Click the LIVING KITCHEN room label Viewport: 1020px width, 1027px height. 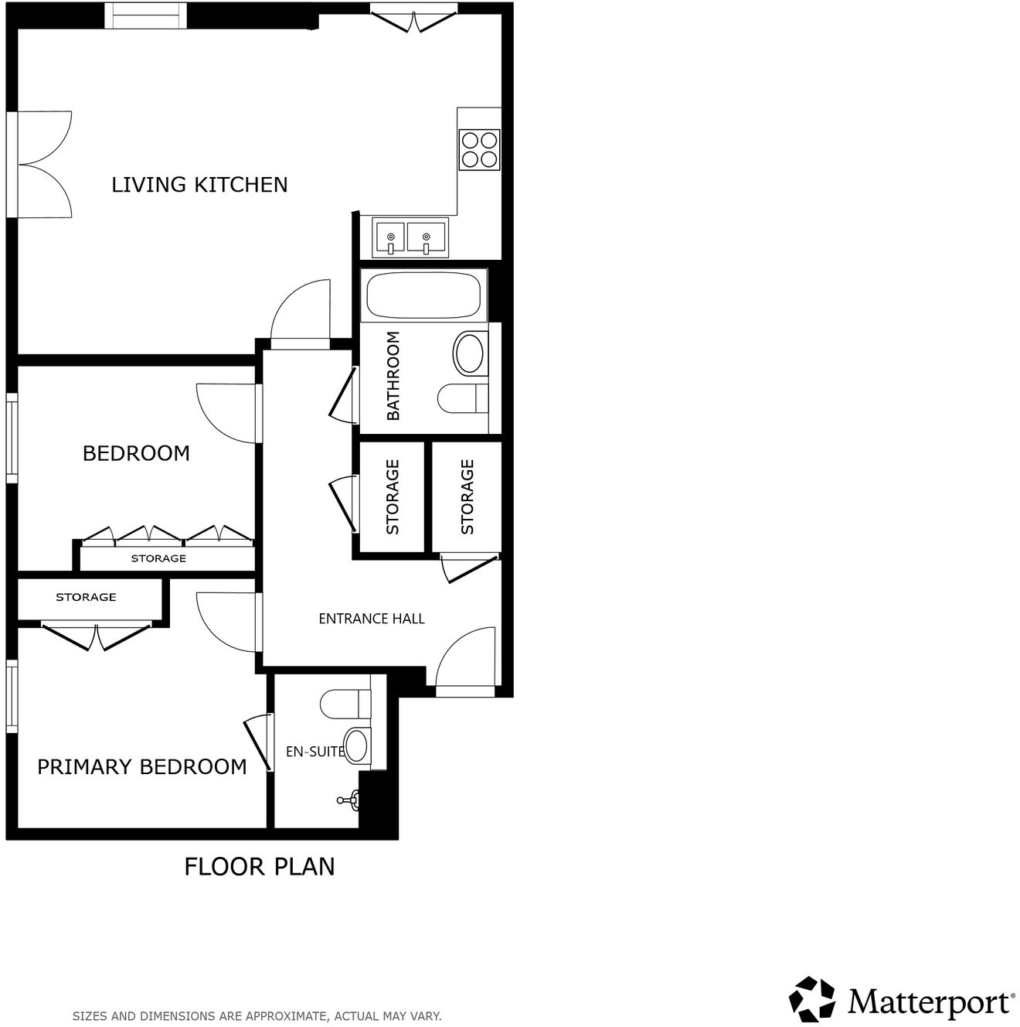(x=199, y=185)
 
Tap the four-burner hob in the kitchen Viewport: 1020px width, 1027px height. (x=479, y=150)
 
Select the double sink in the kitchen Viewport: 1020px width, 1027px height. (x=410, y=237)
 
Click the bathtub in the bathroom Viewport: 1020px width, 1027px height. (x=423, y=295)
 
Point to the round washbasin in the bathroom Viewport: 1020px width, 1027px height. (x=469, y=353)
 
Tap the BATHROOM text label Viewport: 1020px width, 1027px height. (x=393, y=376)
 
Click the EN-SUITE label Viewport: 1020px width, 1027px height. (x=314, y=751)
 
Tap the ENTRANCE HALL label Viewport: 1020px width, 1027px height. (x=372, y=619)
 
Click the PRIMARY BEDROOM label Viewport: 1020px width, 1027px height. (x=142, y=767)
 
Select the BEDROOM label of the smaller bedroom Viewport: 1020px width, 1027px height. (x=136, y=453)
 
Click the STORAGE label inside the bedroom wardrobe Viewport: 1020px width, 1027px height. (x=158, y=558)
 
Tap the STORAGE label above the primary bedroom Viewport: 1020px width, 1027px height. (x=86, y=597)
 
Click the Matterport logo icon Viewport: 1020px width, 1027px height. (x=812, y=999)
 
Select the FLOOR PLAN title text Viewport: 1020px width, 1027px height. (x=260, y=867)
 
